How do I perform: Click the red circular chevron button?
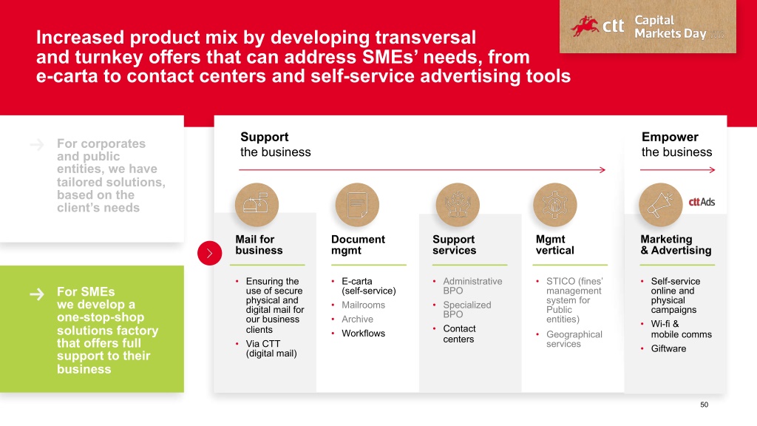(x=209, y=253)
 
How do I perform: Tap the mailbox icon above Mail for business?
(x=257, y=205)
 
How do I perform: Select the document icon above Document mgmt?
(x=357, y=205)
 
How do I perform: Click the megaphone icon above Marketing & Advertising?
(x=660, y=205)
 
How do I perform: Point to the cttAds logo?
(x=702, y=202)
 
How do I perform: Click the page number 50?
(x=705, y=405)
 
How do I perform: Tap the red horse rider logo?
(x=585, y=26)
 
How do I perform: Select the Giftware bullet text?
(x=668, y=349)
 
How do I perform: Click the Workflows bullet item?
(x=364, y=334)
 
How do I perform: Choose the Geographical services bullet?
(x=574, y=339)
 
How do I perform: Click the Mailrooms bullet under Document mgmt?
(x=364, y=305)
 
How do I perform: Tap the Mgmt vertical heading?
(x=554, y=245)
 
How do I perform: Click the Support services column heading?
(x=455, y=245)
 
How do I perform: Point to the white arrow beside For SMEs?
(x=37, y=294)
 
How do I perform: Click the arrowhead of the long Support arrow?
(x=602, y=170)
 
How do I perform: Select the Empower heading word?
(x=670, y=137)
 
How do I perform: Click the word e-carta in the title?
(x=67, y=76)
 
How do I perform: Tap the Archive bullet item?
(x=357, y=319)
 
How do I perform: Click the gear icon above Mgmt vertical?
(x=555, y=205)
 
